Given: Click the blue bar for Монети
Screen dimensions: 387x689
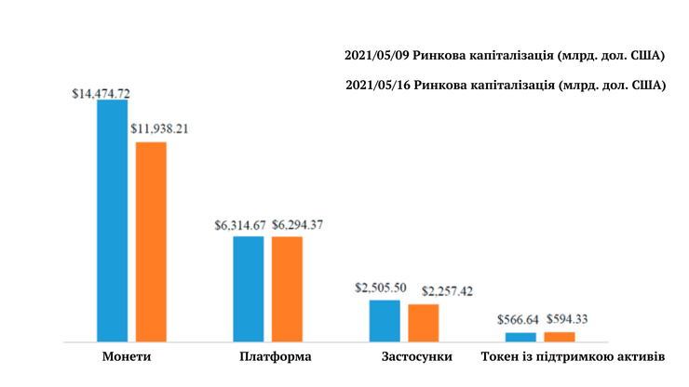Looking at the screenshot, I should tap(113, 220).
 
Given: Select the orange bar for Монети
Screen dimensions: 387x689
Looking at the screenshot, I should tap(151, 242).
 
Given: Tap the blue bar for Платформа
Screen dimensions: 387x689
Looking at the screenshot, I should tap(249, 289).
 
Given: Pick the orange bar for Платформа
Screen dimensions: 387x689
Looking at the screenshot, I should tap(287, 289).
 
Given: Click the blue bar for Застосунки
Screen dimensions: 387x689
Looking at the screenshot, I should tap(385, 321).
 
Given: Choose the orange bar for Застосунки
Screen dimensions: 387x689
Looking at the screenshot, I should tap(423, 323).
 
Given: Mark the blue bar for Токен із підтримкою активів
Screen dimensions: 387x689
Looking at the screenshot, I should tap(520, 337).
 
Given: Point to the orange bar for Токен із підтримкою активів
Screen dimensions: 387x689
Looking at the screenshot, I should tap(560, 337).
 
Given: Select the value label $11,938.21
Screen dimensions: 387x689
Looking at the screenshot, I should tap(160, 128).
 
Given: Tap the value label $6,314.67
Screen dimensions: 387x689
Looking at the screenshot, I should tap(240, 224).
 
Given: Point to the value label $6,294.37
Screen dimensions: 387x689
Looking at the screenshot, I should tap(298, 224).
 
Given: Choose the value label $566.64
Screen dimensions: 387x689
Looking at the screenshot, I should tap(518, 319).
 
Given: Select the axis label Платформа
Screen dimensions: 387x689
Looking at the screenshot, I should tap(275, 356).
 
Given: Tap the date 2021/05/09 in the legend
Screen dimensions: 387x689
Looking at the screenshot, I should tap(379, 55).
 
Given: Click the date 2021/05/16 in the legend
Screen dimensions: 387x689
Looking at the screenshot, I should tap(379, 86).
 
